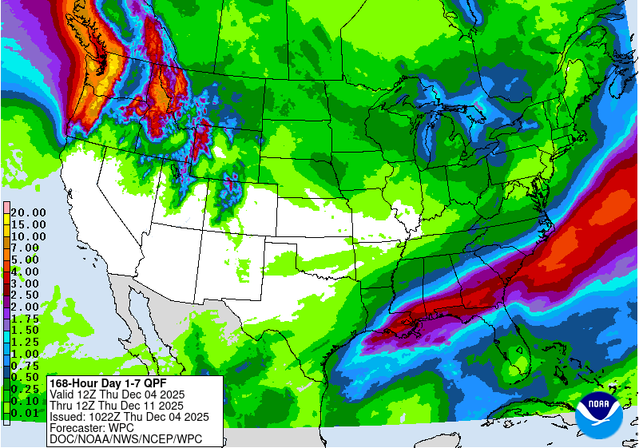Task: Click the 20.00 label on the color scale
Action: (x=28, y=212)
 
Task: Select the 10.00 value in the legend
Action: (x=28, y=236)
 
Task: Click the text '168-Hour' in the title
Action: (x=74, y=383)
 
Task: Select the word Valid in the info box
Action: (x=63, y=394)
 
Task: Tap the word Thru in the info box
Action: (x=62, y=405)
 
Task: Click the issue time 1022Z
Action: (x=109, y=416)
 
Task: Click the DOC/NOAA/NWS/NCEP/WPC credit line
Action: (x=125, y=438)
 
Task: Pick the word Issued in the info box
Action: (x=67, y=416)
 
